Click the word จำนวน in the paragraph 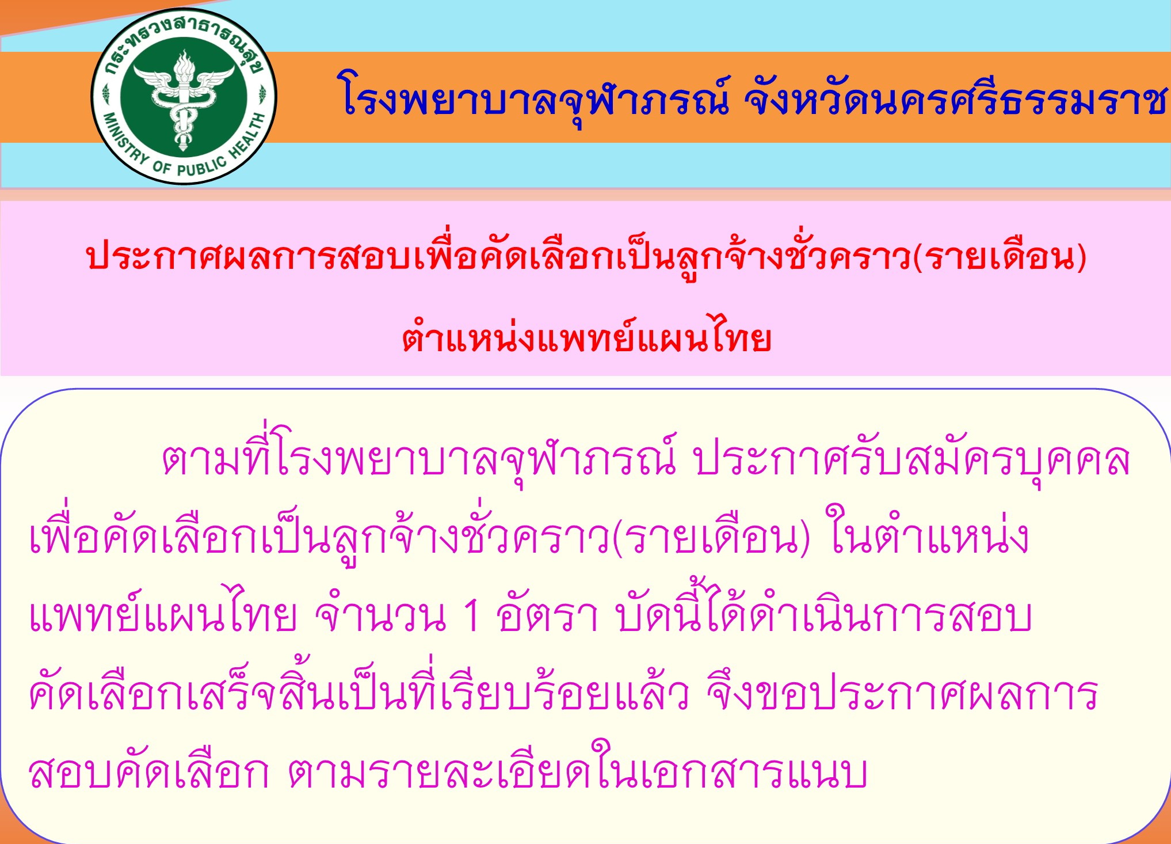point(380,615)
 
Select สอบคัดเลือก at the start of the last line point(148,770)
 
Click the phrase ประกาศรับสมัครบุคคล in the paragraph point(911,461)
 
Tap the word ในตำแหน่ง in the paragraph point(928,534)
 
